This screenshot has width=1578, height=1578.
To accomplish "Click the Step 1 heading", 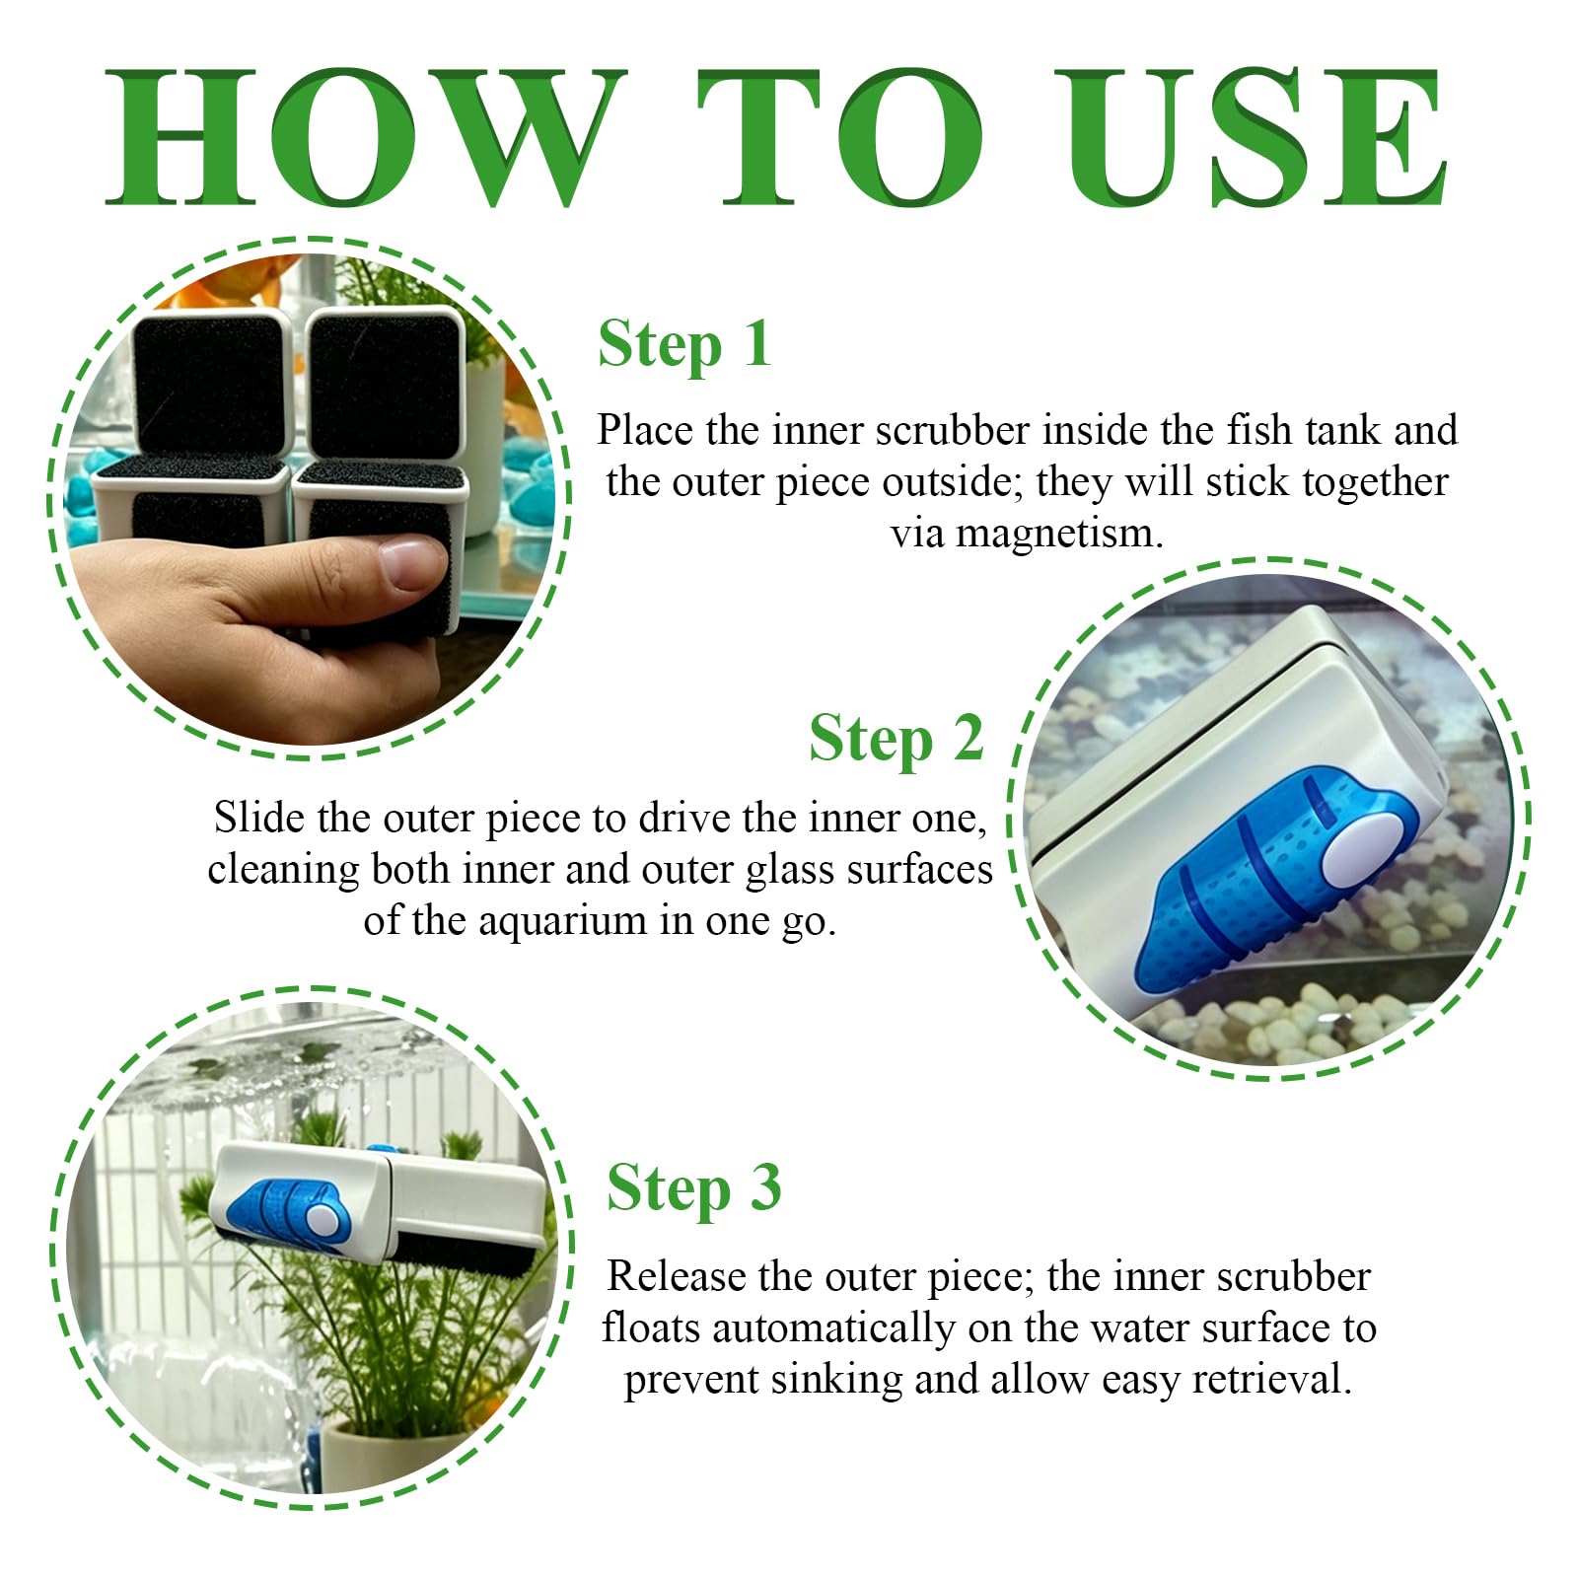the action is (x=683, y=346).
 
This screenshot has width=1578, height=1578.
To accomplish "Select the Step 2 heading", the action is (x=896, y=741).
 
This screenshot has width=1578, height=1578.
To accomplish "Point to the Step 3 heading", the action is (x=693, y=1189).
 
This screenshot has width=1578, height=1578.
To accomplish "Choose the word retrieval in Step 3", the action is (x=1271, y=1379).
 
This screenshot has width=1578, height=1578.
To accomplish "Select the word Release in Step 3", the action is (x=676, y=1276).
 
